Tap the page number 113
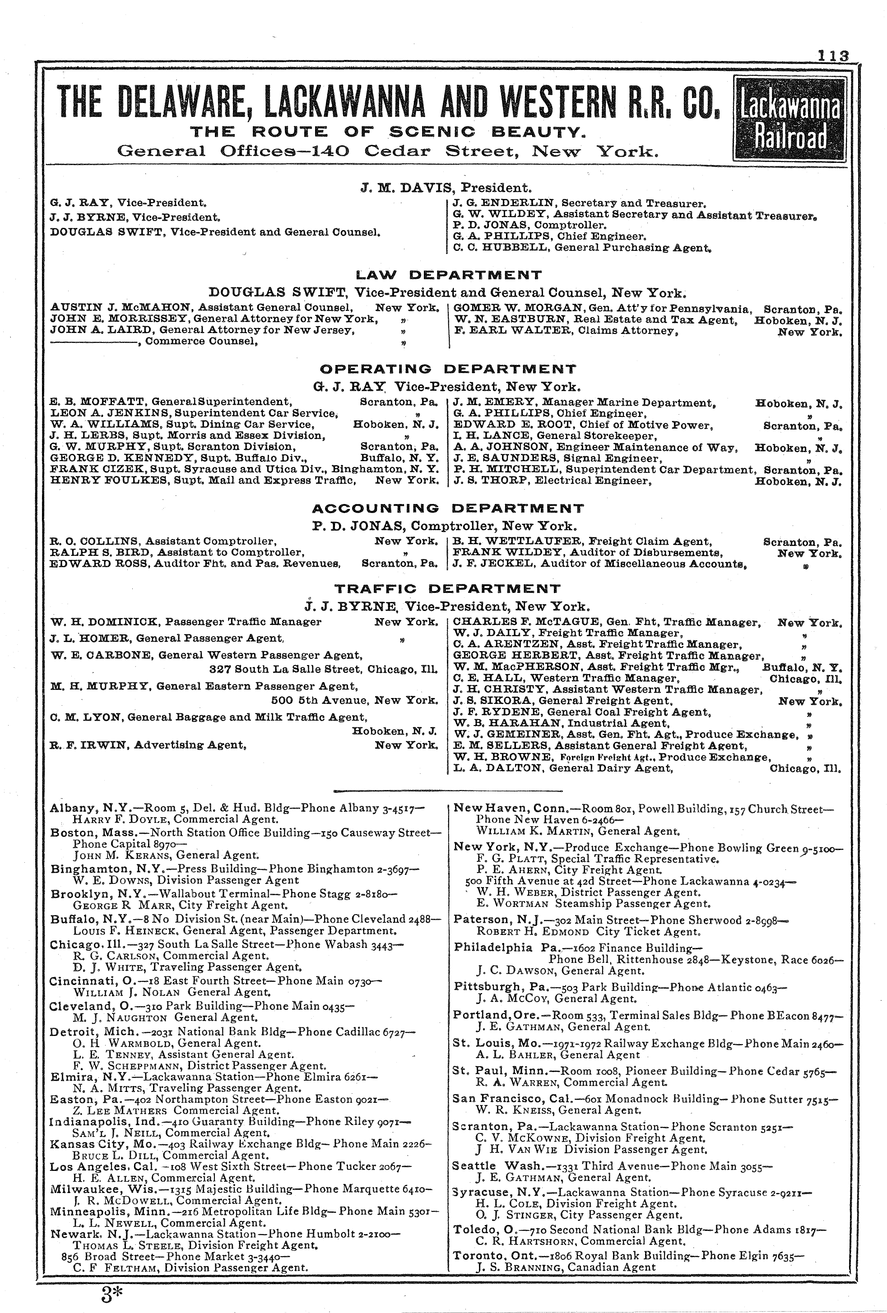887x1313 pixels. (x=833, y=55)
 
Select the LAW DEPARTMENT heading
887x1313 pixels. (x=449, y=275)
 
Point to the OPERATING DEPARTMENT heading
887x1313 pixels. (x=448, y=370)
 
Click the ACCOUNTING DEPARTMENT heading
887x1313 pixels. (x=448, y=509)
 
